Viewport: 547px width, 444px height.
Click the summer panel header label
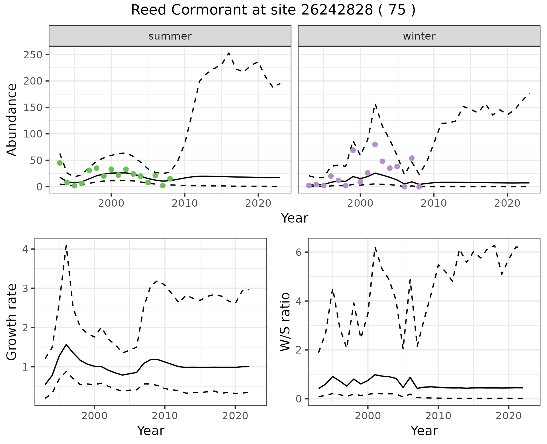pyautogui.click(x=170, y=36)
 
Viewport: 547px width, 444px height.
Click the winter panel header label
pyautogui.click(x=419, y=36)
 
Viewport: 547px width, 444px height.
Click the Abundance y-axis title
pyautogui.click(x=12, y=120)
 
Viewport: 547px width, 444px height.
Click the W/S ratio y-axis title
pyautogui.click(x=285, y=322)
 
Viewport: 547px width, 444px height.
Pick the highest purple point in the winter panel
pyautogui.click(x=375, y=144)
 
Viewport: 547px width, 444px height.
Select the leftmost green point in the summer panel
pyautogui.click(x=60, y=163)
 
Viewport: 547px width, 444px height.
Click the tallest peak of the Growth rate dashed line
pyautogui.click(x=66, y=245)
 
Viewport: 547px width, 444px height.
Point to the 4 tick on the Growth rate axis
pyautogui.click(x=25, y=249)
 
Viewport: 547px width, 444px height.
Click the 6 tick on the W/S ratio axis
pyautogui.click(x=299, y=252)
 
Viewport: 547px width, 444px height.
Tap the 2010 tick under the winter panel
pyautogui.click(x=434, y=203)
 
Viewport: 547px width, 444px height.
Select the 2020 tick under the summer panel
pyautogui.click(x=258, y=203)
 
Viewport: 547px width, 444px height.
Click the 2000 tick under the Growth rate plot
pyautogui.click(x=94, y=416)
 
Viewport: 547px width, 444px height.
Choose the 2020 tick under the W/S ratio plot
pyautogui.click(x=509, y=416)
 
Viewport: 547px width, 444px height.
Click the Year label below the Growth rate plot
pyautogui.click(x=151, y=431)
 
